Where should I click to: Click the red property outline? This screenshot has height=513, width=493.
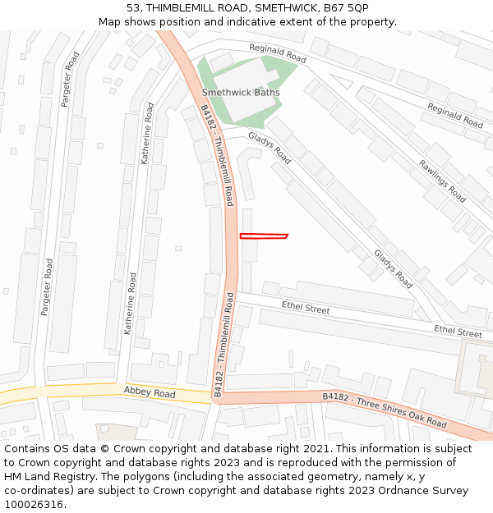tap(263, 236)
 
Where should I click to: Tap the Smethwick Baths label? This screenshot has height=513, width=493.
tap(241, 93)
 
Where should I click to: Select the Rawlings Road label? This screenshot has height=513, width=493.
tap(442, 181)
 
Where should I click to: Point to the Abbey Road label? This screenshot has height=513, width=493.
tap(150, 394)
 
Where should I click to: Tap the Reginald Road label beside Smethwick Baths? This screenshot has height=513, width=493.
tap(278, 54)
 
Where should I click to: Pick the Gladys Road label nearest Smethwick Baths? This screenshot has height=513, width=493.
tap(270, 148)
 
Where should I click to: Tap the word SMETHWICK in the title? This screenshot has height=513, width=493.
tap(281, 8)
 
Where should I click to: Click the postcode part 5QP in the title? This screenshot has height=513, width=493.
tap(357, 8)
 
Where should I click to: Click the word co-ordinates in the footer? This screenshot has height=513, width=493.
tap(38, 491)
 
